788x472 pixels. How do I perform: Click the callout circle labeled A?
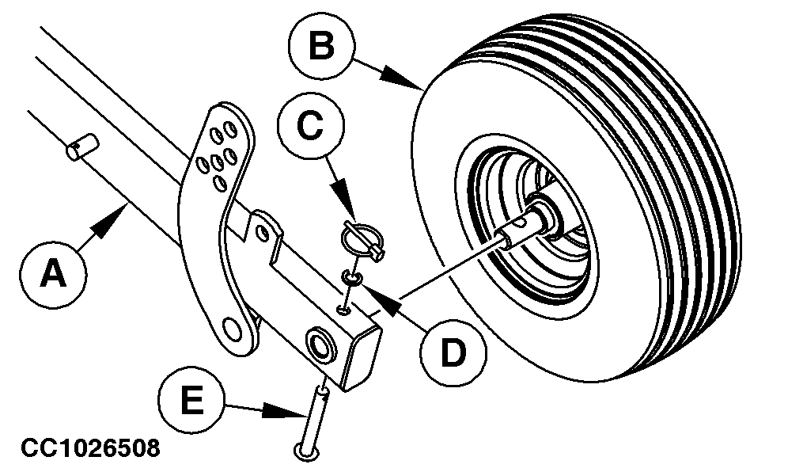53,275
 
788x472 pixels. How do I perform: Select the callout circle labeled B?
320,48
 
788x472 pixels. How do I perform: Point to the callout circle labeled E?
190,399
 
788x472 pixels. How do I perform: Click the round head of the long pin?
305,451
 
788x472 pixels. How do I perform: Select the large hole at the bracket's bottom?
233,327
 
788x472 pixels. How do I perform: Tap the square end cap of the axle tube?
363,360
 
